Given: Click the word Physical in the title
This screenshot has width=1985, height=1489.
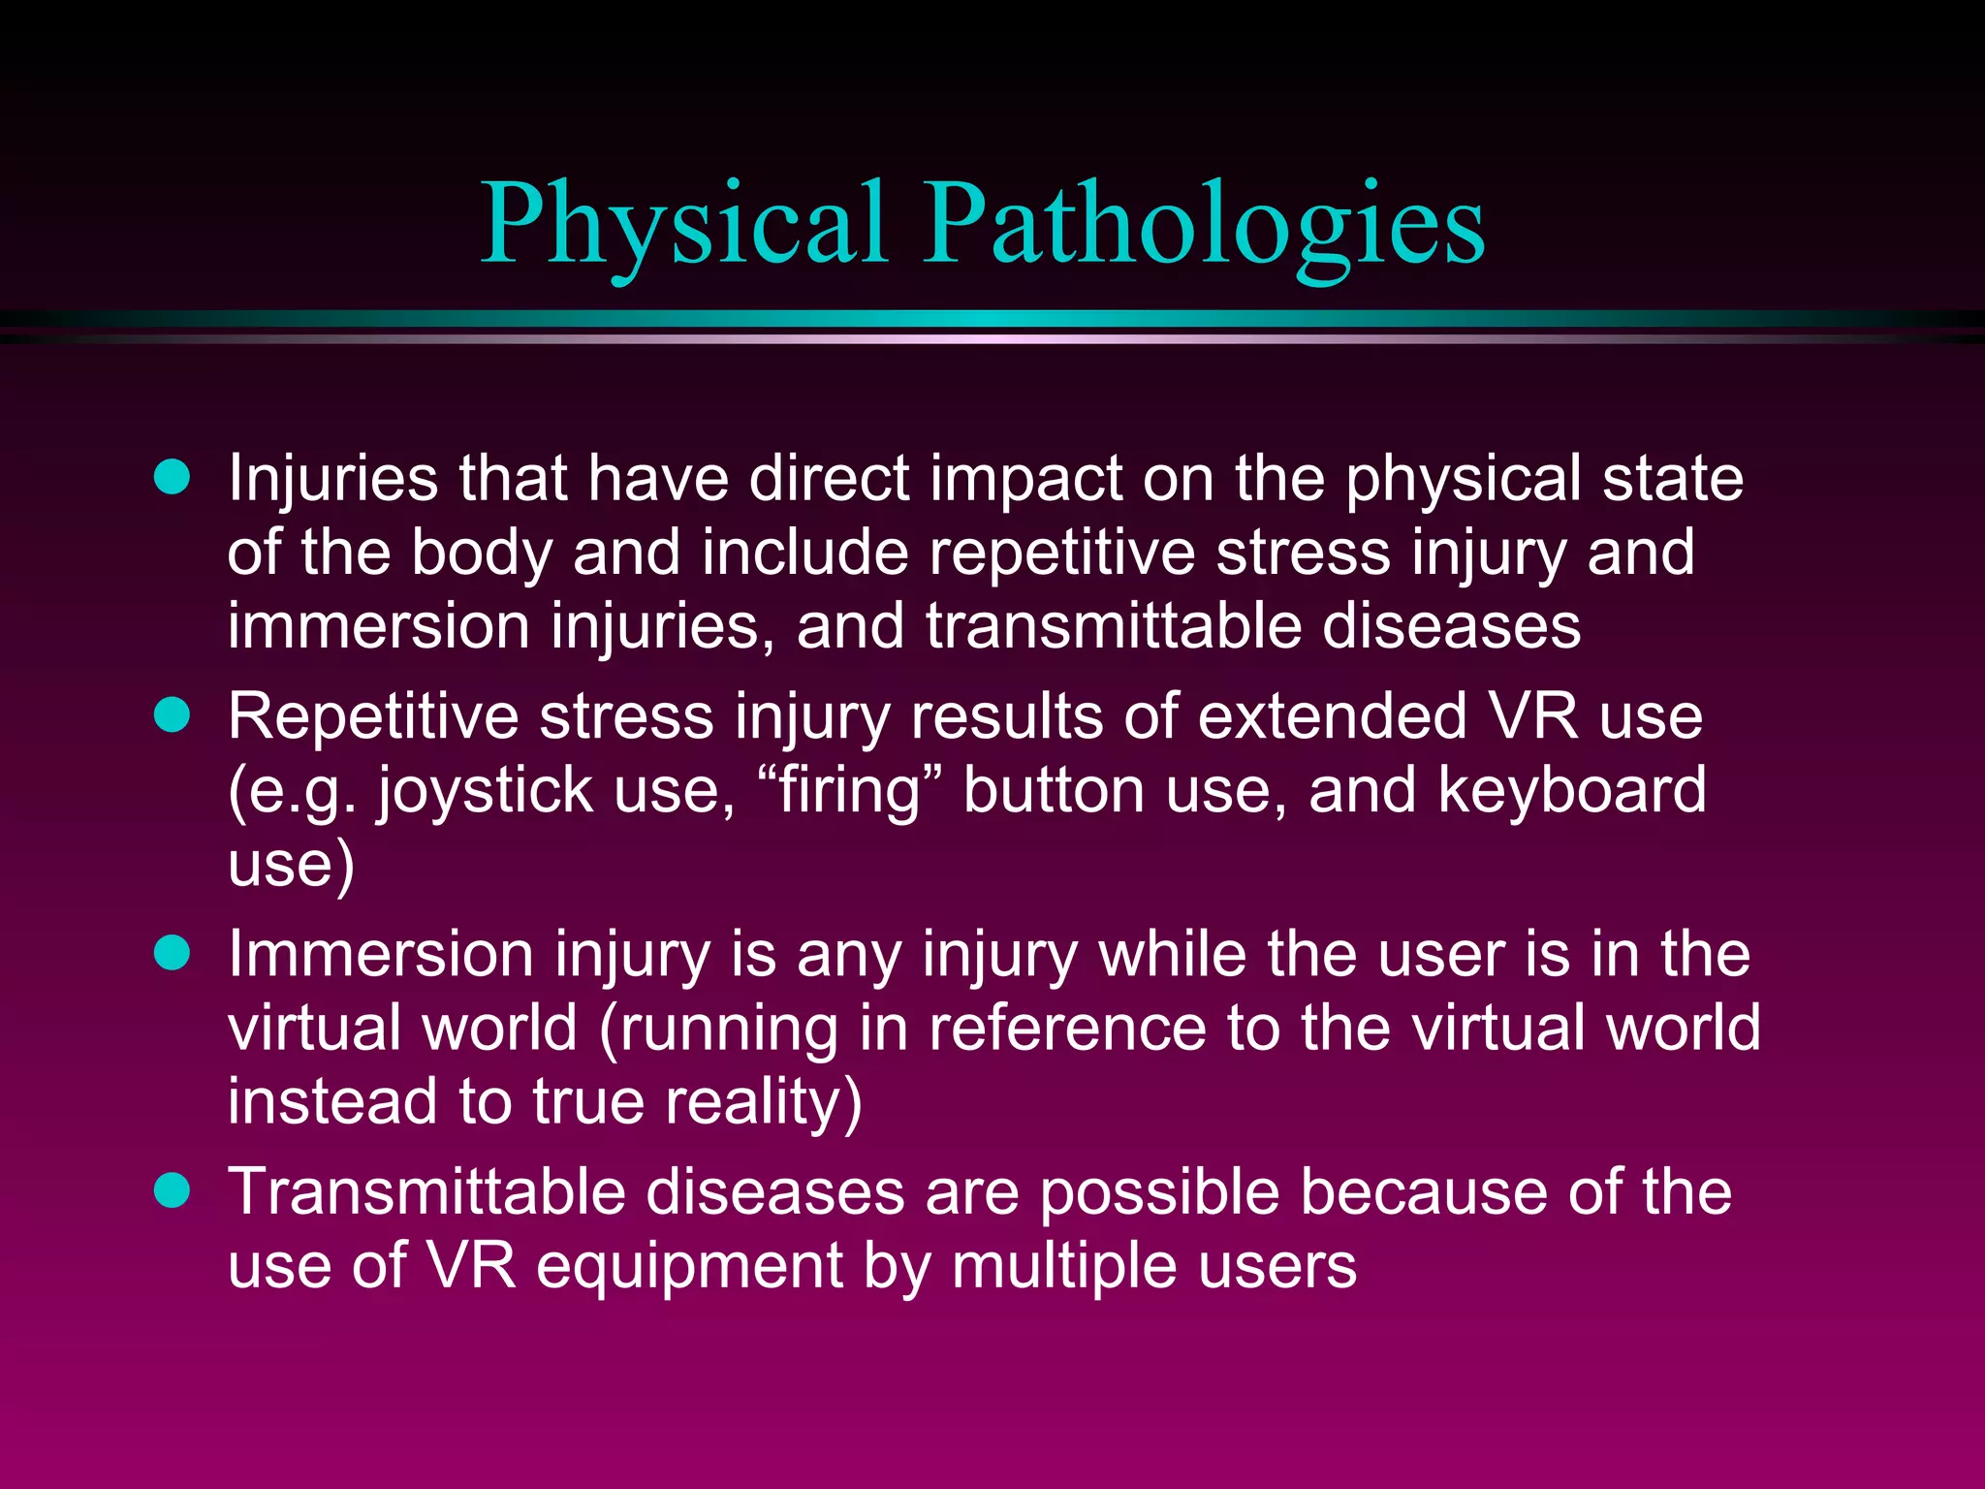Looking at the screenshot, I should click(684, 225).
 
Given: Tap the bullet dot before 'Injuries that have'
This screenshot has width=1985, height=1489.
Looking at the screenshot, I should click(173, 477).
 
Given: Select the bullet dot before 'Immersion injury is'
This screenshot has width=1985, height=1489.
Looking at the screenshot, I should click(173, 953).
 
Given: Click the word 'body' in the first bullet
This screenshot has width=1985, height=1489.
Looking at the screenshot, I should click(481, 553).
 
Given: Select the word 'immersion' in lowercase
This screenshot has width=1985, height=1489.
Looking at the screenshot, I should click(379, 626).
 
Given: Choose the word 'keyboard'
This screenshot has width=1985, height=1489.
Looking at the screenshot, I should click(1571, 789).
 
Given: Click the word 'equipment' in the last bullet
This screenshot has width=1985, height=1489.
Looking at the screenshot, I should click(689, 1267).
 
